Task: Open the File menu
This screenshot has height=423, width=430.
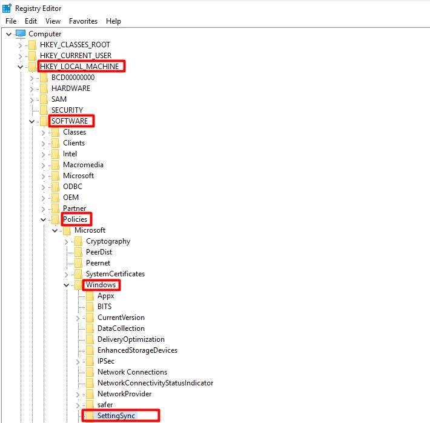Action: point(10,21)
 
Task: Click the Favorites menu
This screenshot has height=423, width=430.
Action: point(83,21)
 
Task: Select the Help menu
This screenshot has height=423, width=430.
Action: point(113,21)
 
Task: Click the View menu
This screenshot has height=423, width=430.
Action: point(53,21)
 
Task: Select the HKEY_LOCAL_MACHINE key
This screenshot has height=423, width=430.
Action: point(81,66)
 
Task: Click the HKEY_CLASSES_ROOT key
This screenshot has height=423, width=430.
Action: point(74,44)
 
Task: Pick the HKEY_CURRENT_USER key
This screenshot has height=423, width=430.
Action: point(76,55)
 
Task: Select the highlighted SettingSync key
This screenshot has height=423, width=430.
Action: point(117,415)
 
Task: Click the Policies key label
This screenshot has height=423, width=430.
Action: point(76,219)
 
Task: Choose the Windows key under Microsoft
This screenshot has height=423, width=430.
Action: point(101,284)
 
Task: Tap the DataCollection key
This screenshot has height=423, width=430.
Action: point(121,328)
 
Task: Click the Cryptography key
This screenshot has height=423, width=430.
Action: point(108,241)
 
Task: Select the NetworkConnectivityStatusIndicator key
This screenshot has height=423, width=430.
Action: point(155,382)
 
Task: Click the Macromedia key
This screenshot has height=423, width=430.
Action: point(83,164)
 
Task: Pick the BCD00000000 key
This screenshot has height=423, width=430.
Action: point(73,77)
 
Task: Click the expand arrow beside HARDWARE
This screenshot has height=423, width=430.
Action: point(31,88)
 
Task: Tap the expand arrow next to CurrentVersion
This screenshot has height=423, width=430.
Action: point(78,318)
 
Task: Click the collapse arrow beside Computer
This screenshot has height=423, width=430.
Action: point(8,34)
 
